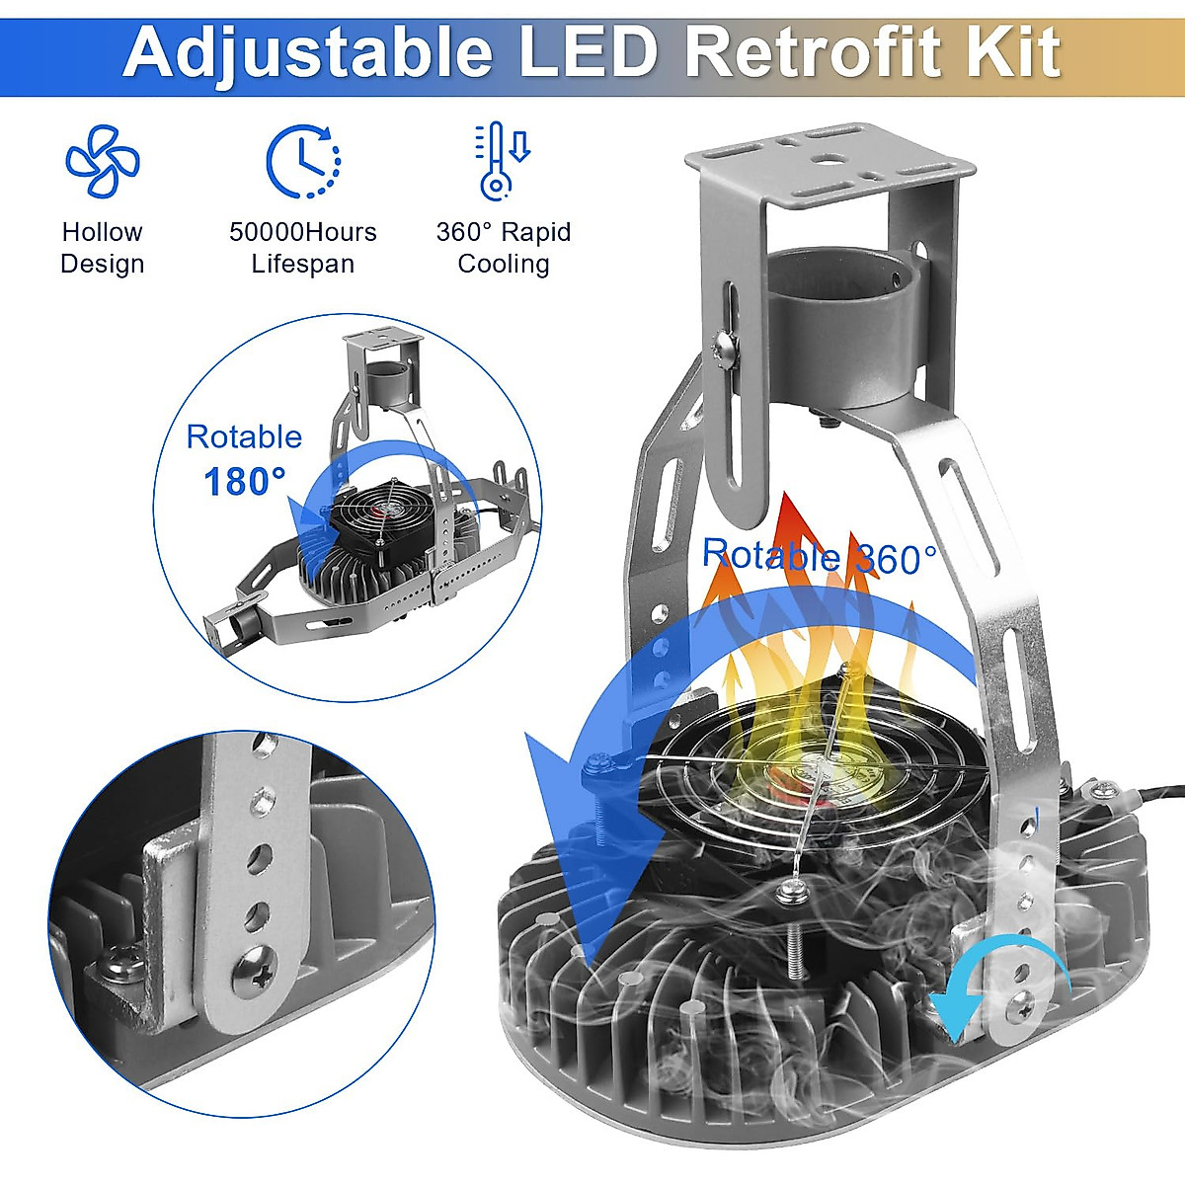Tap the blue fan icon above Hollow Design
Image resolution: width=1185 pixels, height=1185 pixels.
point(102,160)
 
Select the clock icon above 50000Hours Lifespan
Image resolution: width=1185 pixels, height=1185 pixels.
point(302,161)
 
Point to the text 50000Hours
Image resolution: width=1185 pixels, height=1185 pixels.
point(302,232)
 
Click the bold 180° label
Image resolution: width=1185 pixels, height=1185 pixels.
point(245,482)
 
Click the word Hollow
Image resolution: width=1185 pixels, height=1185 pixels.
point(102,232)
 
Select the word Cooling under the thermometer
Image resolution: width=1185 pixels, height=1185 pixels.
point(504,264)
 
